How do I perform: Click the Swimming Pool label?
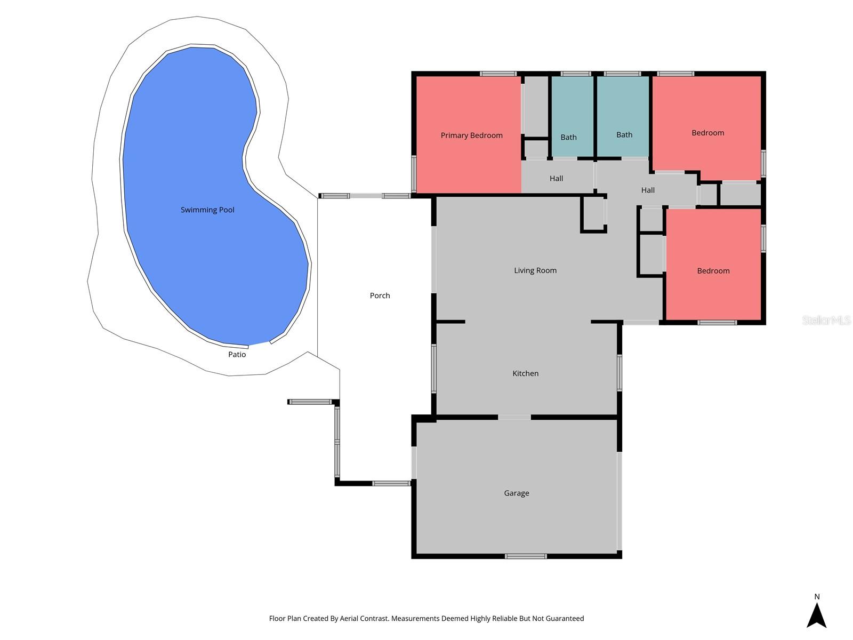207,210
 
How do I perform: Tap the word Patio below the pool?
237,355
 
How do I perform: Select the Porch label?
380,295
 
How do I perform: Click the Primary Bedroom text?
471,135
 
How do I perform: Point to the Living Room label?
535,270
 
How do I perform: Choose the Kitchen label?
525,373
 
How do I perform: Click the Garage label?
517,493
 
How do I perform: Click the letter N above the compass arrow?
817,597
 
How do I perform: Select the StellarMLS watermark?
826,320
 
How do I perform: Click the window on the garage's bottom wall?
526,556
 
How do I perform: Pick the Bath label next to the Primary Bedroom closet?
568,138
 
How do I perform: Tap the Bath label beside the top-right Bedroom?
624,135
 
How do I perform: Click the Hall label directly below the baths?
556,179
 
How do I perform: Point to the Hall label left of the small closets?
648,190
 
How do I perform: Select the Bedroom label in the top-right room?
707,133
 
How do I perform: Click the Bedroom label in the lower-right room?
713,271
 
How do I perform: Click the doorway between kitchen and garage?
514,417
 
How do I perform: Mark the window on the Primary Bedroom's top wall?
498,74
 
